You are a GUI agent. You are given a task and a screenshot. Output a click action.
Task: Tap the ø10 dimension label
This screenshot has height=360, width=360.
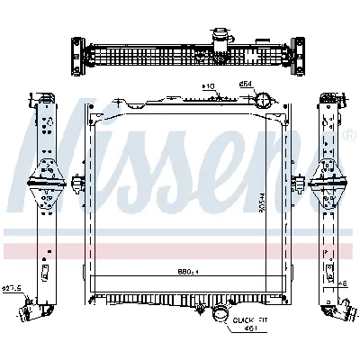tap(209, 87)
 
